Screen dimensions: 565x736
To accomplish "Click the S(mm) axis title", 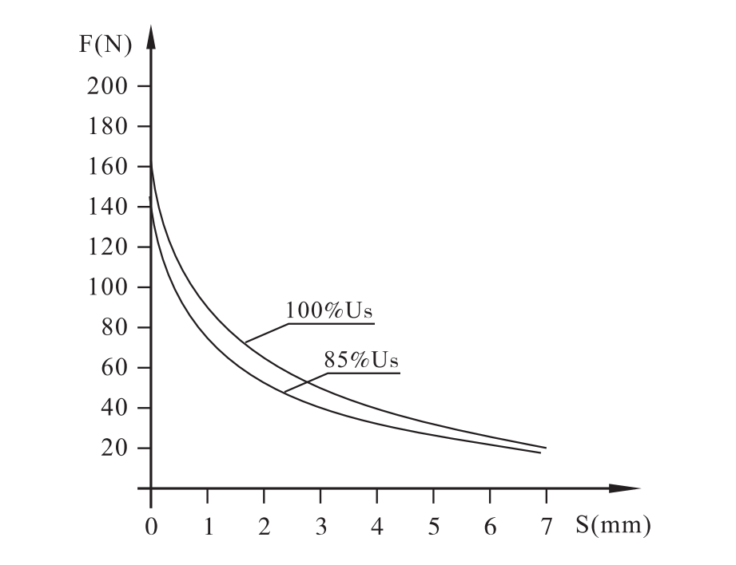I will pos(612,526).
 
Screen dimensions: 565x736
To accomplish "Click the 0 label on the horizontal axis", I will pos(151,527).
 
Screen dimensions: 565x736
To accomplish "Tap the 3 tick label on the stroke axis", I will pos(320,527).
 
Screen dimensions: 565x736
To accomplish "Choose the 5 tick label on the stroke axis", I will pos(433,527).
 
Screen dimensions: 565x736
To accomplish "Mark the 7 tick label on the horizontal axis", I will pos(546,527).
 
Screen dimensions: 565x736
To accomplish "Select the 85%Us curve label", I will pos(360,360).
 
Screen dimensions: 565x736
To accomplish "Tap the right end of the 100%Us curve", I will pos(546,448).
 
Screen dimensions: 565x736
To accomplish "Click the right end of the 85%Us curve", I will pos(540,452).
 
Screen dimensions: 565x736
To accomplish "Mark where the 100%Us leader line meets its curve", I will pos(245,343).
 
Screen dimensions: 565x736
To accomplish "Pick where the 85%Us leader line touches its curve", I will pos(284,391).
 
